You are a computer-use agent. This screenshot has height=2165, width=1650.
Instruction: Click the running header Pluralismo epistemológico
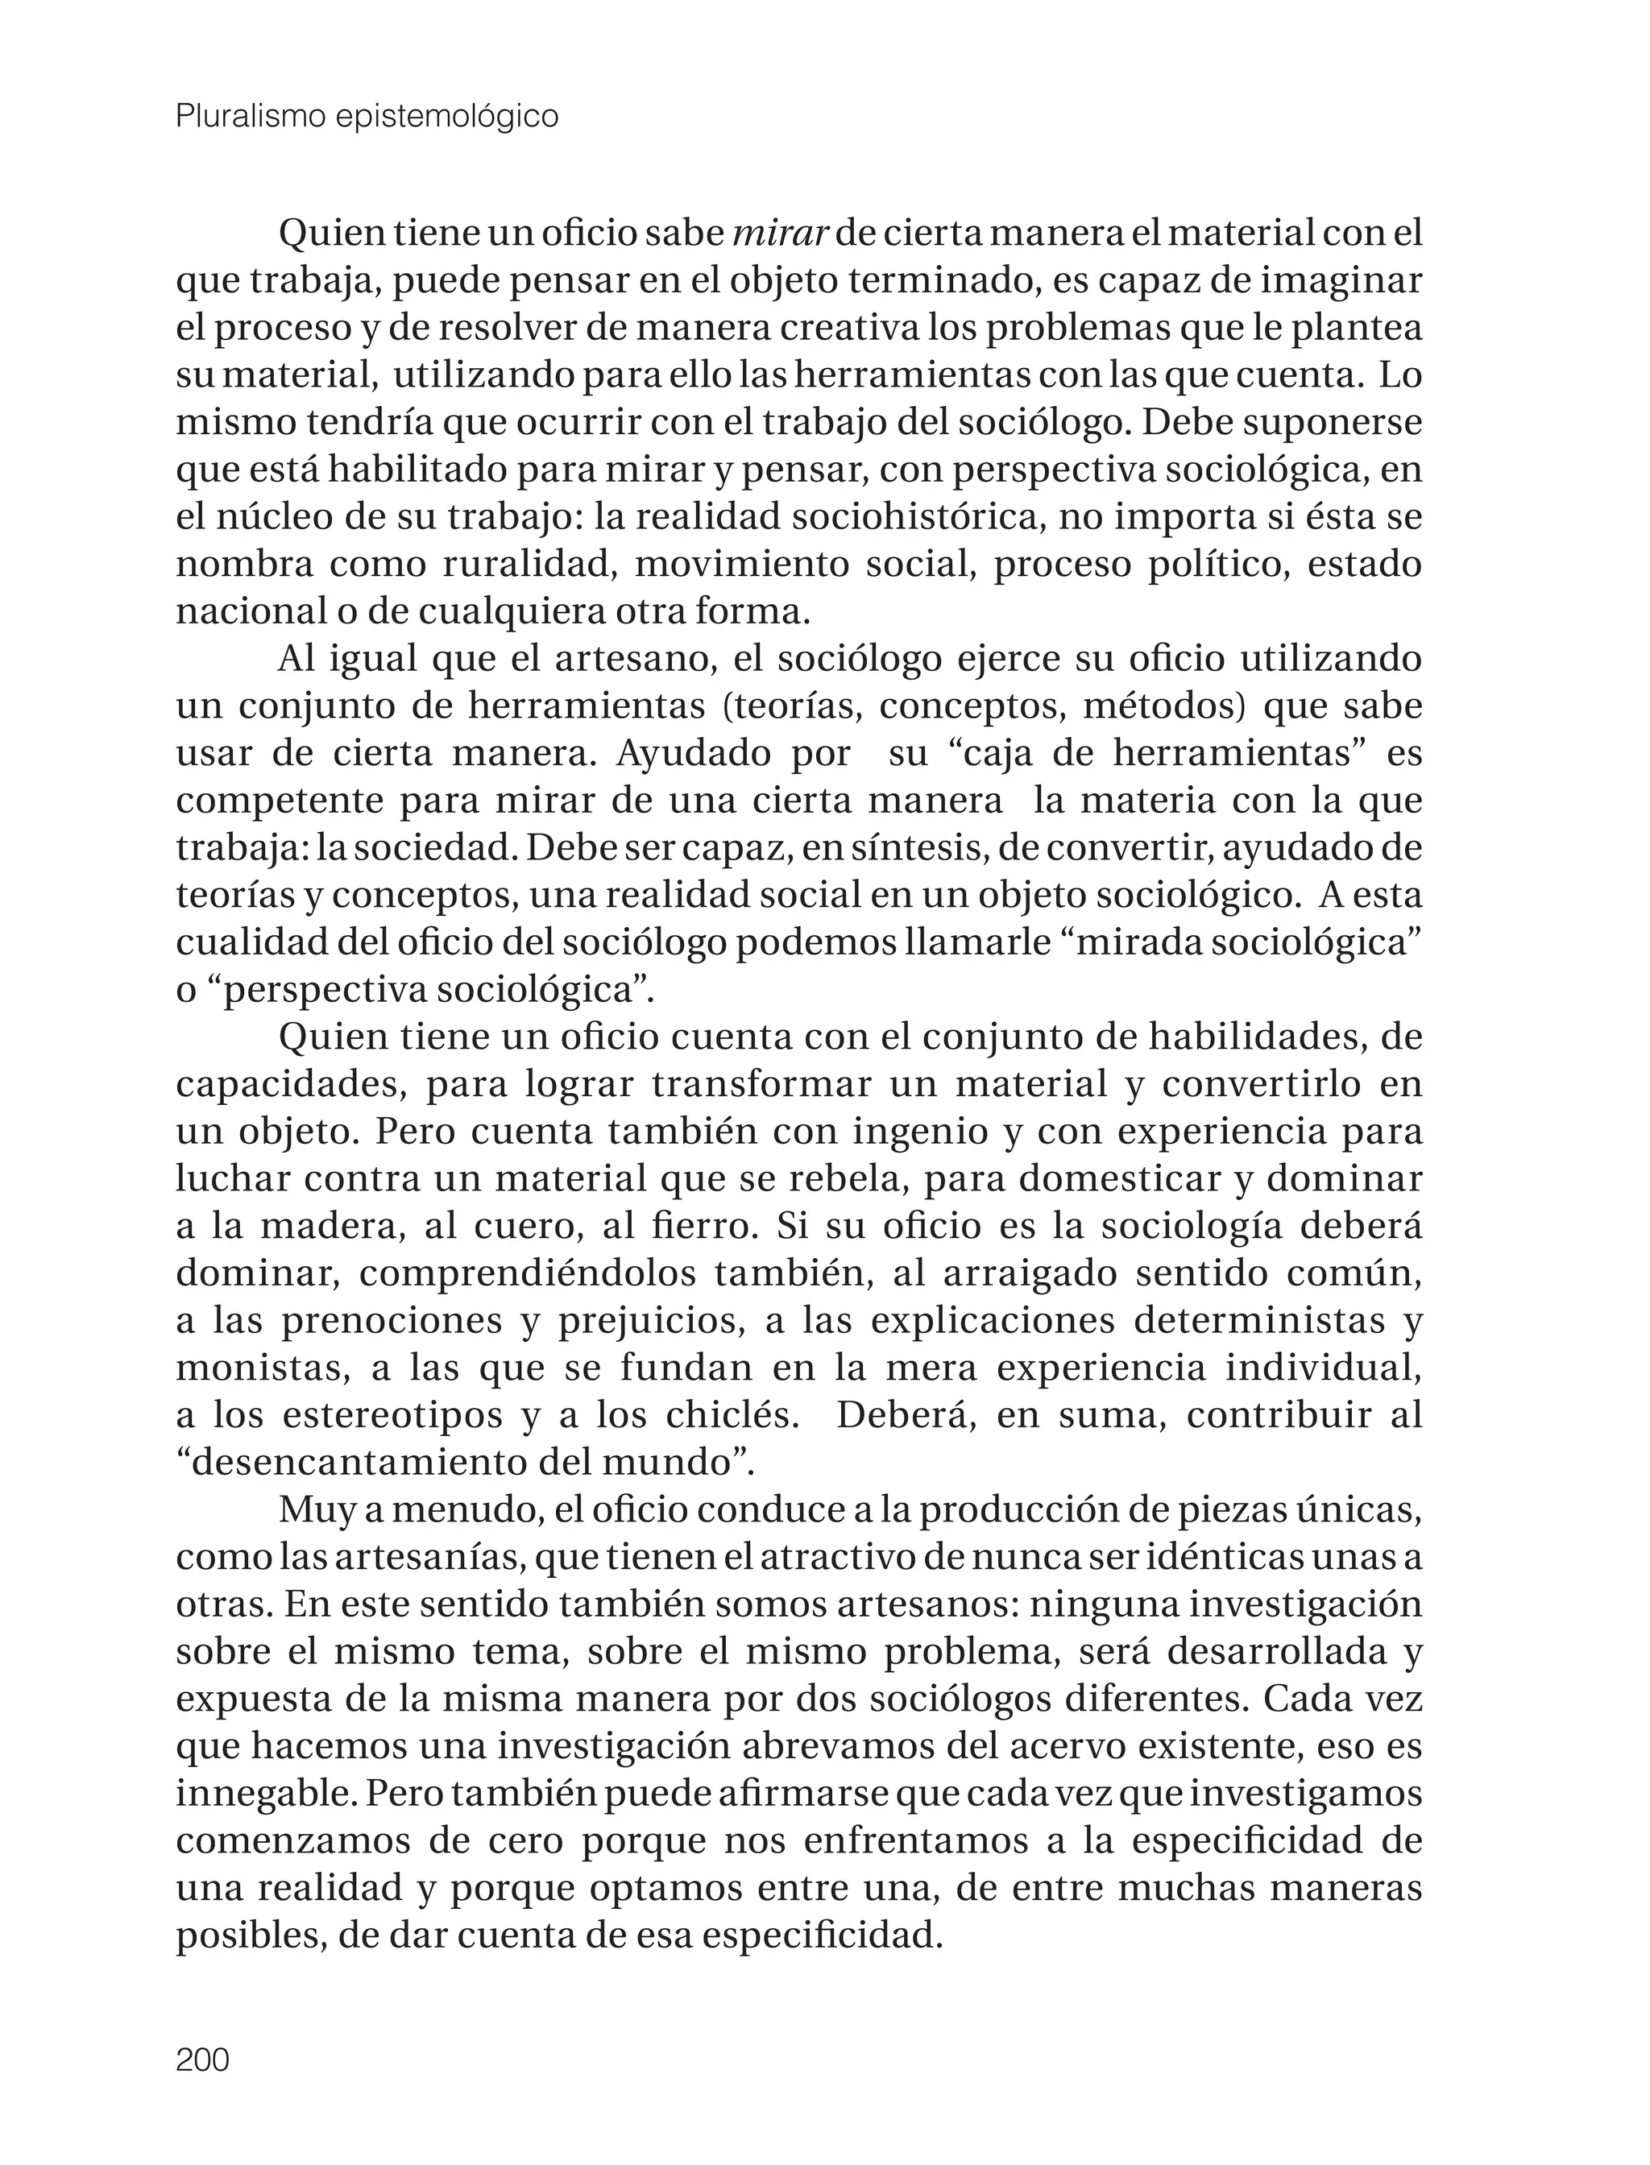click(x=367, y=117)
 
